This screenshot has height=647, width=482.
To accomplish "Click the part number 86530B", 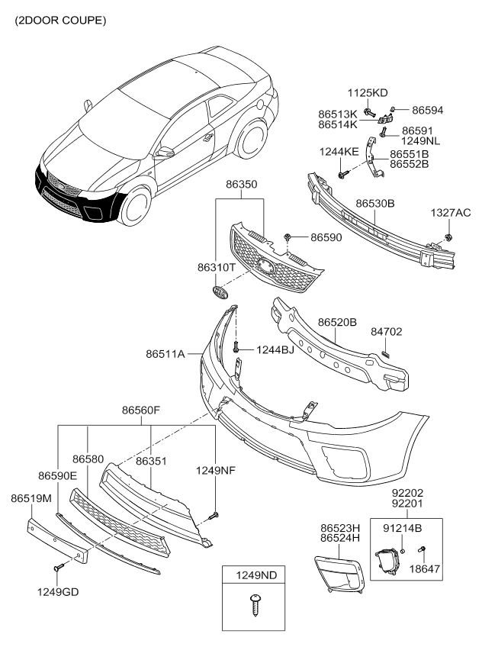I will (375, 204).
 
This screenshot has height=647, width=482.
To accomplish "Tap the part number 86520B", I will (337, 323).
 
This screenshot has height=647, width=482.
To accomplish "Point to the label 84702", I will (387, 332).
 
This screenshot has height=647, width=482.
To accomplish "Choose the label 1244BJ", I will (275, 349).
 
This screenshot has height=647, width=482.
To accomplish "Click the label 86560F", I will (141, 410).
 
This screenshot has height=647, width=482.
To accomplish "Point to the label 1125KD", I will (369, 93).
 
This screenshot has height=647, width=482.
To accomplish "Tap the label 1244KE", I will (339, 151).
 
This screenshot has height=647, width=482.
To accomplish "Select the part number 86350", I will (240, 185).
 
